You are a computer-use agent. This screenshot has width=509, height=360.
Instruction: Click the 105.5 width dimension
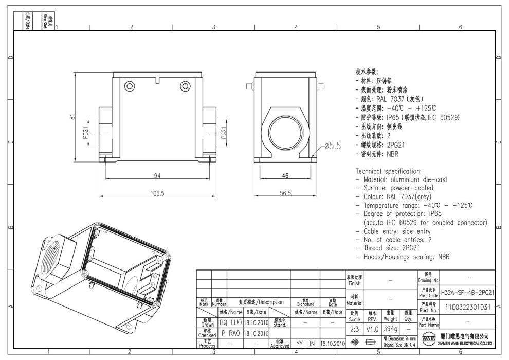[x=157, y=193]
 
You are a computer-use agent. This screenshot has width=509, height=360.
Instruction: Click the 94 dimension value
[x=157, y=176]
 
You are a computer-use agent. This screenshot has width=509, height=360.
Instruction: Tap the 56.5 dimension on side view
[x=285, y=193]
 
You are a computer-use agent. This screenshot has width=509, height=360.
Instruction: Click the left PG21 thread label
[x=85, y=133]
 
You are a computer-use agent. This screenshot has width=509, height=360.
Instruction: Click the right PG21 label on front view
[x=224, y=133]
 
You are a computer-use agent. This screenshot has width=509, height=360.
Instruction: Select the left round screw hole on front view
[x=129, y=86]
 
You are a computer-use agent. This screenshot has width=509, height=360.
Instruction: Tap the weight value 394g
[x=391, y=328]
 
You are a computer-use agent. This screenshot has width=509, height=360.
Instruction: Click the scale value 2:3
[x=354, y=328]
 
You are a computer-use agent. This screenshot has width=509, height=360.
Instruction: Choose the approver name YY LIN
[x=305, y=342]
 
